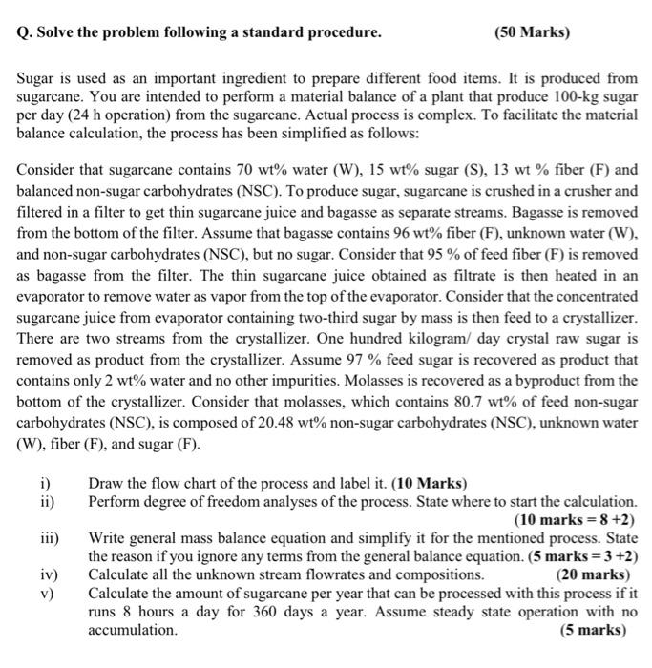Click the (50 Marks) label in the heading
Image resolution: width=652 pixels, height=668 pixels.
532,33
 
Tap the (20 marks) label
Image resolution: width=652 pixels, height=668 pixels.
592,574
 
